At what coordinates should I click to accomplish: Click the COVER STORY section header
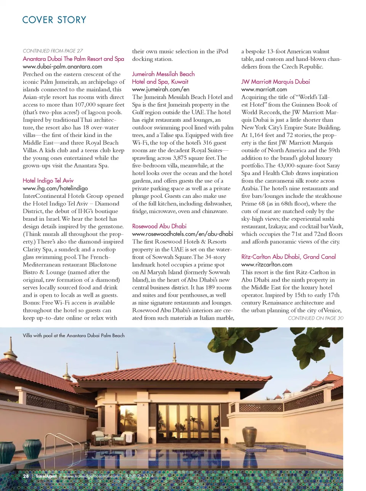point(54,20)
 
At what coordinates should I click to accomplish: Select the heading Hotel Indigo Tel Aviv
point(48,180)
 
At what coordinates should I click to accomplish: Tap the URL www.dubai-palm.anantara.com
point(63,67)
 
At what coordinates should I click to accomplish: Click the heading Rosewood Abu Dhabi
point(159,226)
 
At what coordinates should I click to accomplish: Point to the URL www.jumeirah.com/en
point(161,89)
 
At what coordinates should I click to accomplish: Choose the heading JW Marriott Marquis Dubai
point(275,81)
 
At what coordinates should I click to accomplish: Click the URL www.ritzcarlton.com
point(266,265)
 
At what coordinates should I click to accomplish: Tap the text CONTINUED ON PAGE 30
point(315,318)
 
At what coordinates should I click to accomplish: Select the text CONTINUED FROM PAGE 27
point(53,51)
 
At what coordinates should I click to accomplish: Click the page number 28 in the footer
point(26,476)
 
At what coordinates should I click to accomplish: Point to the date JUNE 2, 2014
point(139,476)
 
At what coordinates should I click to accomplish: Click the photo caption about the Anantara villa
point(74,336)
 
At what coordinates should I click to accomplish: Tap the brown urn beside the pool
point(249,437)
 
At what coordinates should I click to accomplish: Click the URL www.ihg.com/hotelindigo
point(55,188)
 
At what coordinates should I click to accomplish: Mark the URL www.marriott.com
point(264,89)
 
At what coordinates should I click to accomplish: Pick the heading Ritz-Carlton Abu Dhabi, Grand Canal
point(288,257)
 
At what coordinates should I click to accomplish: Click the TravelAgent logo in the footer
point(46,476)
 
